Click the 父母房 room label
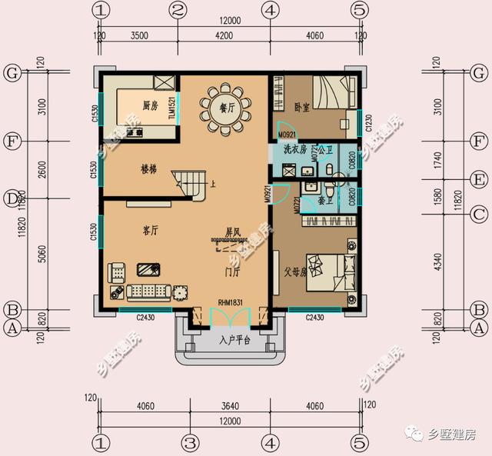click(294, 272)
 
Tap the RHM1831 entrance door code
click(230, 303)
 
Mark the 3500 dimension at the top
click(139, 35)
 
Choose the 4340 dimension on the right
click(437, 260)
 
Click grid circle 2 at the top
click(178, 11)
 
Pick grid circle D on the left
click(11, 198)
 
